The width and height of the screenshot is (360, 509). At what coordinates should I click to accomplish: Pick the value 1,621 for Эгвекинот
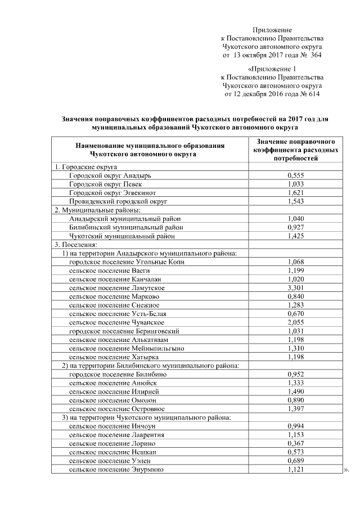295,192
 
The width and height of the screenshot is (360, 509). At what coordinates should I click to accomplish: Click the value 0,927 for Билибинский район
295,227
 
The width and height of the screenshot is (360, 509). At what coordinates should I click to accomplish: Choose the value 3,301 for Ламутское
295,288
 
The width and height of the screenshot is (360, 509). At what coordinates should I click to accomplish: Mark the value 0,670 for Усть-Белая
295,313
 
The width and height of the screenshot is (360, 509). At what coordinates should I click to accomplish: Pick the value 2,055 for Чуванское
295,322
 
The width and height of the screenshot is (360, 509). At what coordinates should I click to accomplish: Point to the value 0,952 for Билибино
295,375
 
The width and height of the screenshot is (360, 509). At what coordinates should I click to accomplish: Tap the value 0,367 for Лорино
295,444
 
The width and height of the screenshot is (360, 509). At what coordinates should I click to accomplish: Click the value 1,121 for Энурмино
295,470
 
